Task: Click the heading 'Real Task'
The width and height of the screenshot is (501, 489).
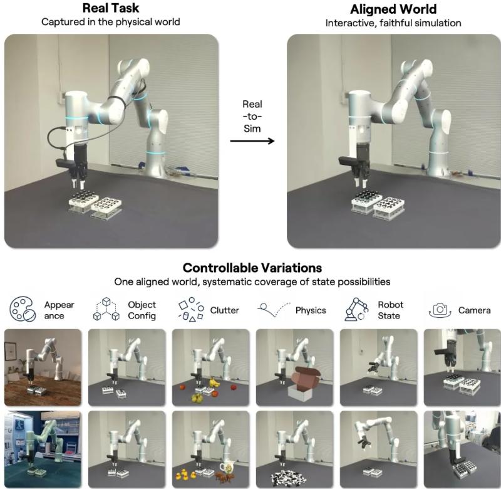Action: coord(111,8)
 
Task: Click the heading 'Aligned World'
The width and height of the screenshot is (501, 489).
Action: coord(393,9)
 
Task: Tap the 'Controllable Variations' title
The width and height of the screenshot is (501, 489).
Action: coord(252,268)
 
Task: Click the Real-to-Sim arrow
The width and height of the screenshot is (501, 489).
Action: coord(252,140)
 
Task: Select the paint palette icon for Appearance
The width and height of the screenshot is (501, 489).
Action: coord(23,308)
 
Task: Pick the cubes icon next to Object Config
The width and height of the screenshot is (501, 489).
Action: coord(106,309)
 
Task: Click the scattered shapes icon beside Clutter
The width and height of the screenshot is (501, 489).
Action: coord(191,309)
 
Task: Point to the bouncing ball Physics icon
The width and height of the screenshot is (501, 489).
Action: coord(274,310)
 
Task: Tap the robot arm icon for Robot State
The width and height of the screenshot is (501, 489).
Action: coord(357,309)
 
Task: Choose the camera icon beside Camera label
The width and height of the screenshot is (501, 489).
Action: coord(440,310)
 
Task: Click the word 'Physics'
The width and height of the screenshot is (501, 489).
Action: coord(311,310)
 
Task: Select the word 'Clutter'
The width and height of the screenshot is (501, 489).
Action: coord(224,310)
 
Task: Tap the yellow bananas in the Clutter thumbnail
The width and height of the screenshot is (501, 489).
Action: coord(214,382)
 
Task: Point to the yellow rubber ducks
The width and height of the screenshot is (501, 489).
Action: coord(186,474)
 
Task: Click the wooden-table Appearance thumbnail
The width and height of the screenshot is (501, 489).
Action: coord(43,367)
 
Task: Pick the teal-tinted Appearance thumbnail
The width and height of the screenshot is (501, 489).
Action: coord(43,450)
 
